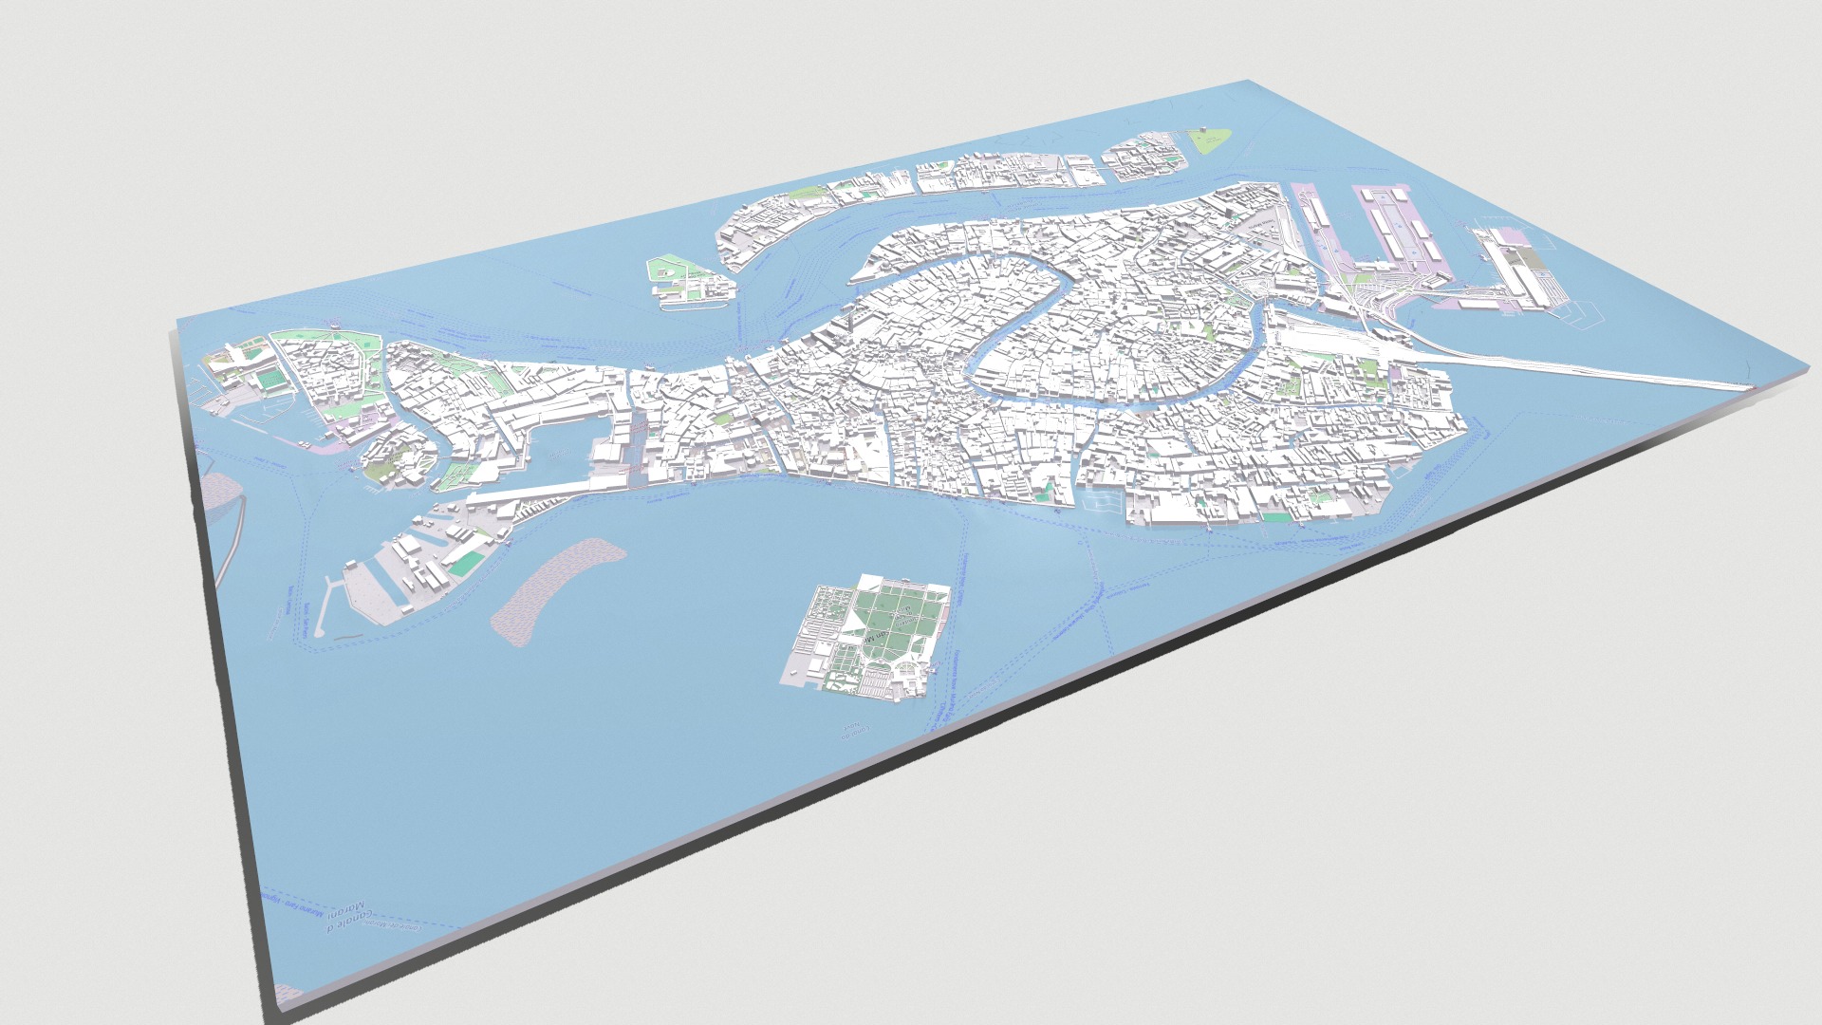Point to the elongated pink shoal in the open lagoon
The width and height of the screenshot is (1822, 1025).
[559, 588]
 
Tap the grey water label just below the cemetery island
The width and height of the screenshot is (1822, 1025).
[846, 731]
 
